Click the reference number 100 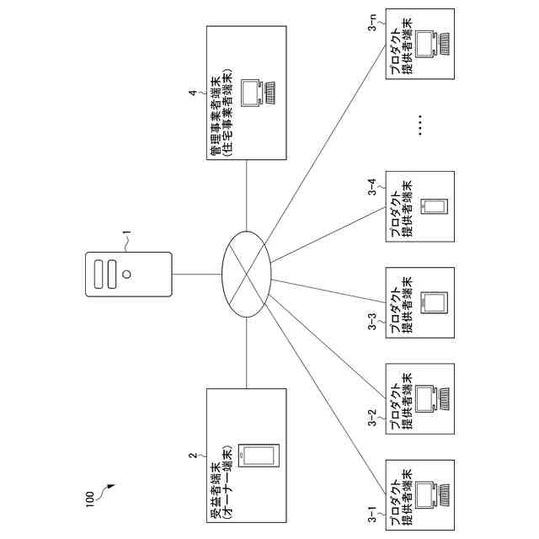click(x=89, y=499)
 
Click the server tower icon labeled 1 click(x=129, y=275)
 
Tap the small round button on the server click(x=126, y=275)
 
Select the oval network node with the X click(x=247, y=275)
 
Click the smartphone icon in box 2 click(x=259, y=456)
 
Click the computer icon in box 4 click(x=259, y=93)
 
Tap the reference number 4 click(x=193, y=93)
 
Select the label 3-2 click(x=372, y=418)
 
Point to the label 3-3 click(x=372, y=322)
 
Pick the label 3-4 click(x=372, y=187)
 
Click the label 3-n click(x=372, y=23)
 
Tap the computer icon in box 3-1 click(x=432, y=495)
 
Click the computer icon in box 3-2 click(x=432, y=399)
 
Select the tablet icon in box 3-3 click(x=435, y=303)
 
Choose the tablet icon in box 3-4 click(x=435, y=206)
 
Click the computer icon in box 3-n click(x=432, y=44)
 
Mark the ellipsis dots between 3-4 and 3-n click(x=419, y=125)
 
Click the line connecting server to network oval click(x=197, y=275)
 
